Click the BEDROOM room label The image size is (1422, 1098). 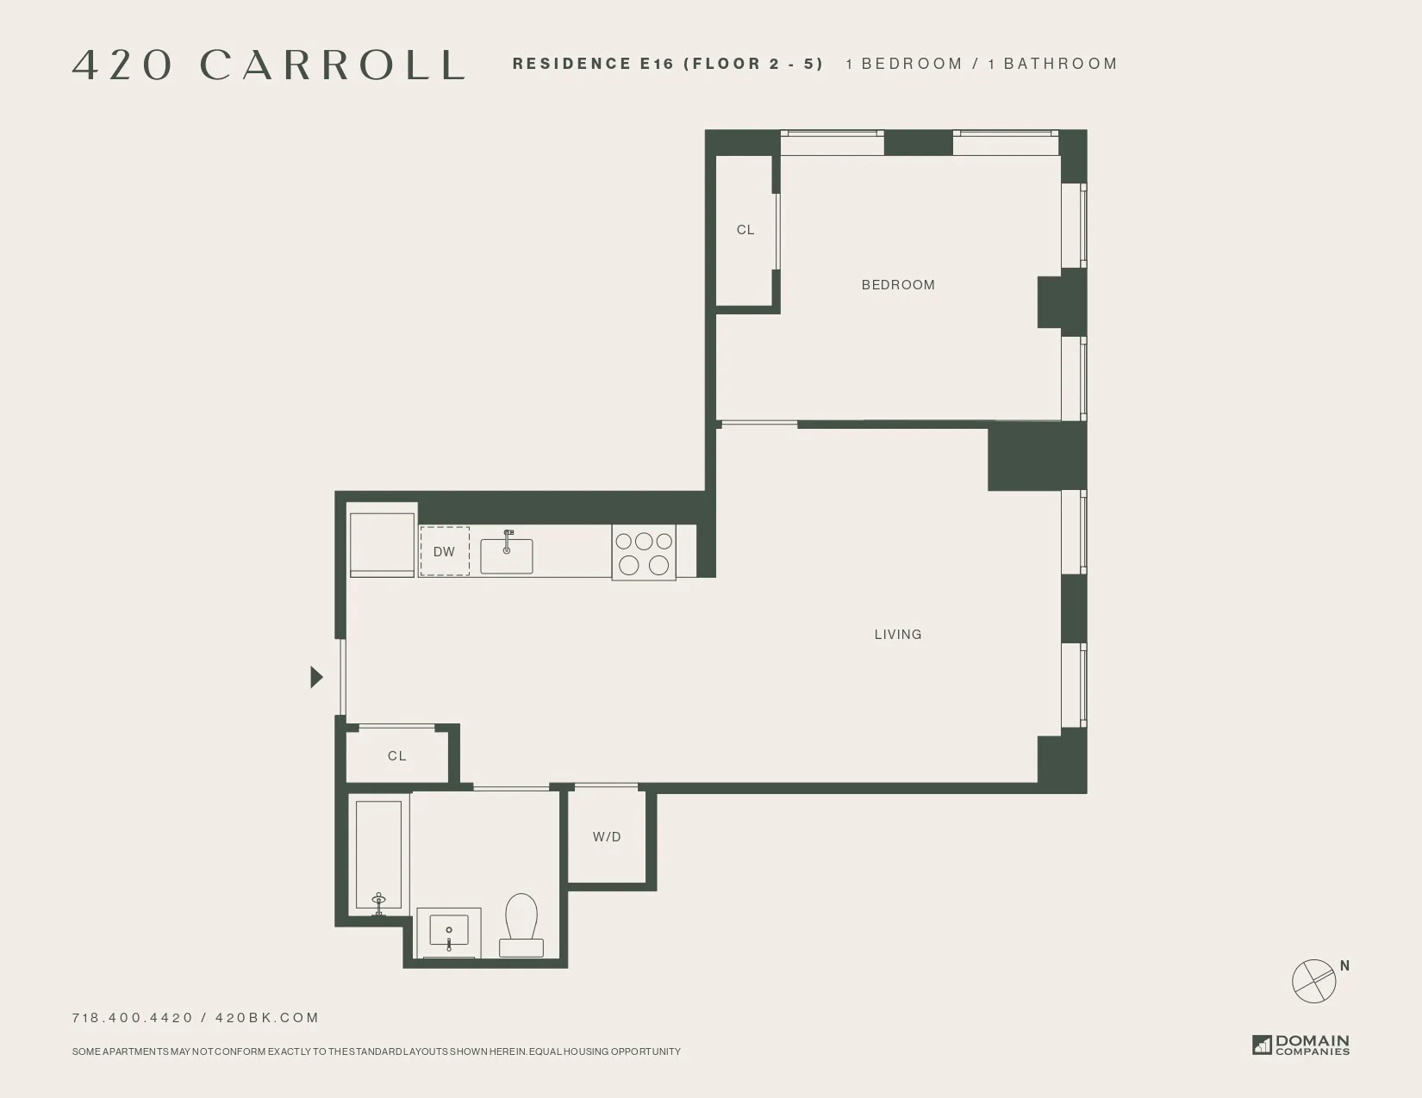[x=898, y=285]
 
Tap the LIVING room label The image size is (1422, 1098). [x=898, y=635]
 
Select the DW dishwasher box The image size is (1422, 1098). [x=445, y=552]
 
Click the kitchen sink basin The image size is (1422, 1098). [x=507, y=556]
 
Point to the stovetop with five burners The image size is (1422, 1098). [x=644, y=553]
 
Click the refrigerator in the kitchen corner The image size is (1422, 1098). [x=382, y=544]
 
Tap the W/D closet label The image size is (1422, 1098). [x=607, y=837]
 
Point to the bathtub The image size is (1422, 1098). [x=378, y=855]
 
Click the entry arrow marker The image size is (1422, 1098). [x=316, y=678]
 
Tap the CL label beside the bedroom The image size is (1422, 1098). [x=745, y=230]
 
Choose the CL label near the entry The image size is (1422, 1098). [x=396, y=756]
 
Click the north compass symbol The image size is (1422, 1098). [x=1314, y=980]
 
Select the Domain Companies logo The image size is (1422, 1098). [x=1301, y=1045]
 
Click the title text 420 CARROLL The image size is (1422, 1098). [x=269, y=65]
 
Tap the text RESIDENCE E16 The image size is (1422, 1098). [x=593, y=64]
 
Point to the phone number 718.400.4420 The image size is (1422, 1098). [x=133, y=1018]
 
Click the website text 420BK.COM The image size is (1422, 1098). [x=267, y=1018]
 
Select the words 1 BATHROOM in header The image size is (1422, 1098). [x=1052, y=64]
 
